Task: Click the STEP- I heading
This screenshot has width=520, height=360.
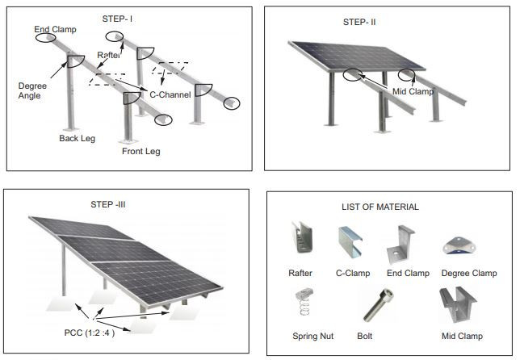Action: [x=117, y=19]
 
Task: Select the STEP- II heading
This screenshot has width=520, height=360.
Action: [x=359, y=23]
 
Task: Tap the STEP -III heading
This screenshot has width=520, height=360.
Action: [x=108, y=204]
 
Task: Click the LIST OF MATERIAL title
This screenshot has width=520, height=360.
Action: [x=380, y=207]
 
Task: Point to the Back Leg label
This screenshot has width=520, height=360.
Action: [x=77, y=138]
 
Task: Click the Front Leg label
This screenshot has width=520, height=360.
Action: [x=141, y=151]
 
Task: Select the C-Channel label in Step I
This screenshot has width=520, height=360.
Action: [x=170, y=94]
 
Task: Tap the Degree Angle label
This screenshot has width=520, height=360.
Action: [x=32, y=90]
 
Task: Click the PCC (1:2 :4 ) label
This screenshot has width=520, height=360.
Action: [x=90, y=333]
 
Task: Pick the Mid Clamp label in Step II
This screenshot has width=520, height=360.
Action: [x=413, y=91]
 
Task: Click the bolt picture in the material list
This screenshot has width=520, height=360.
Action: [x=379, y=305]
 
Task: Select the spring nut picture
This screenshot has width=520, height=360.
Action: [x=304, y=302]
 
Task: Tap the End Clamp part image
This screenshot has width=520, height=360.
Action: [x=400, y=245]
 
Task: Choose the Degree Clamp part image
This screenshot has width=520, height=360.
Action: [x=459, y=245]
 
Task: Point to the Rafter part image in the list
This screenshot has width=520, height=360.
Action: [x=301, y=237]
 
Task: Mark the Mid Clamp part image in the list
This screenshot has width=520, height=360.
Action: [x=457, y=304]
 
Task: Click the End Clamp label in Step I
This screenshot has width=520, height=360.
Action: [x=55, y=30]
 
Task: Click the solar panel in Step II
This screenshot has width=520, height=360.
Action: [x=357, y=56]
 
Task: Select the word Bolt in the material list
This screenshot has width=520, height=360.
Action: [x=364, y=336]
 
